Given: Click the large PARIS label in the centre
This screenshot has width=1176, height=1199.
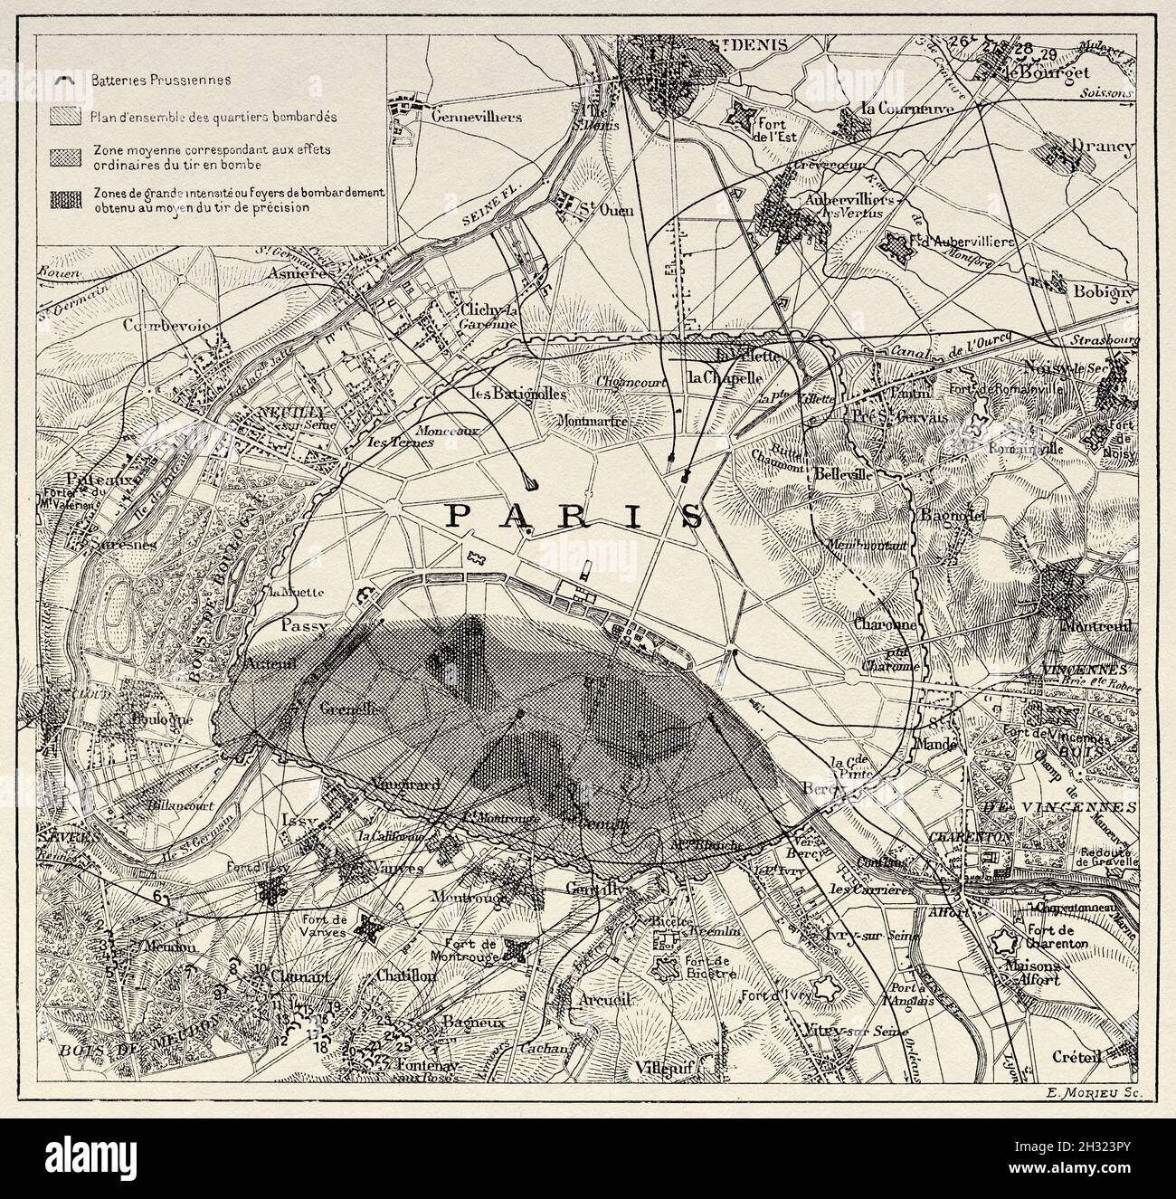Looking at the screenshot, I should pyautogui.click(x=577, y=516).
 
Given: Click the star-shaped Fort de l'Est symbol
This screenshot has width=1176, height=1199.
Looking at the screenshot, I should pyautogui.click(x=744, y=114).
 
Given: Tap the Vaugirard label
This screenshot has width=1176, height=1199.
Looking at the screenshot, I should pyautogui.click(x=404, y=786).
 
